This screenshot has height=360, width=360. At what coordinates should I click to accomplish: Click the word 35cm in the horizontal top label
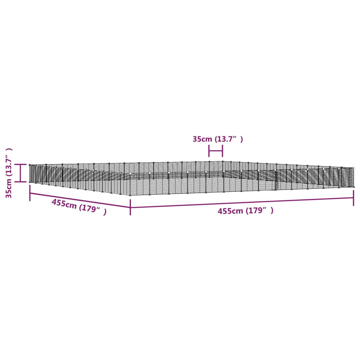(x=202, y=139)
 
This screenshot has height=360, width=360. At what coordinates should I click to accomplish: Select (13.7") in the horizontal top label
(x=229, y=139)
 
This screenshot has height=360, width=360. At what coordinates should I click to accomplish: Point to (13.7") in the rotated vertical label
(x=8, y=163)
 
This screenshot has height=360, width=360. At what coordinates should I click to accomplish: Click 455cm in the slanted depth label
(x=64, y=204)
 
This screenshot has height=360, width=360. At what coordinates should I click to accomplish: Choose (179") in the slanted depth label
(x=92, y=209)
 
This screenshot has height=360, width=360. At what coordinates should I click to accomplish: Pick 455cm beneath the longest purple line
(x=230, y=211)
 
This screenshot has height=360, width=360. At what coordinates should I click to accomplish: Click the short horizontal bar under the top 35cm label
(x=216, y=151)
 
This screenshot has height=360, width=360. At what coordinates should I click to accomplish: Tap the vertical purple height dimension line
(x=20, y=173)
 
